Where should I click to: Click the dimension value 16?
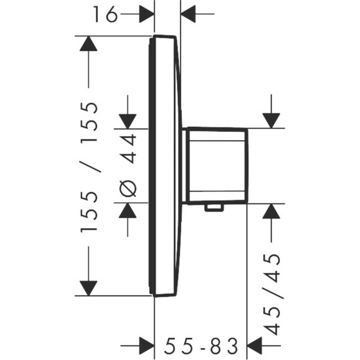106,13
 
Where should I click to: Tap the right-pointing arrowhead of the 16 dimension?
147,13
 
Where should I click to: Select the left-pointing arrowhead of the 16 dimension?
189,13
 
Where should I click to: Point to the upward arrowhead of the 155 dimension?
88,44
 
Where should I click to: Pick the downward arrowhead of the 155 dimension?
88,287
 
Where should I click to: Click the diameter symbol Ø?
128,188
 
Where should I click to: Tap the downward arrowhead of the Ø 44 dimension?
128,121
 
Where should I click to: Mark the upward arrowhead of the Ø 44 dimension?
128,212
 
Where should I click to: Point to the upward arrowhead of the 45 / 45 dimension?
272,212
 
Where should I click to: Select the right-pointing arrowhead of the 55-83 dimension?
147,345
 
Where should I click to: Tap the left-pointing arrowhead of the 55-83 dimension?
255,345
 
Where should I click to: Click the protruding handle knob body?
217,166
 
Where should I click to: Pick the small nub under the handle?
215,207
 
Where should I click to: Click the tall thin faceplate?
165,165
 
